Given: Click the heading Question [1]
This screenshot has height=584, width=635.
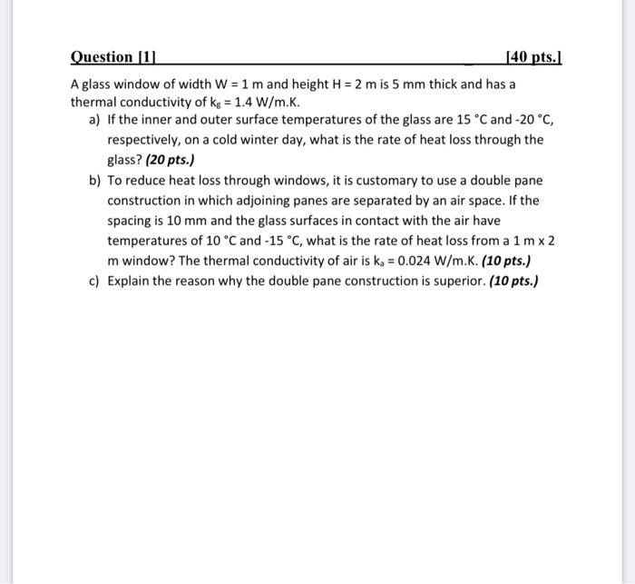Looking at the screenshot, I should click(x=116, y=58).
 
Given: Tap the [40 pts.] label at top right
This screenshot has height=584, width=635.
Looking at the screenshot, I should click(x=537, y=58).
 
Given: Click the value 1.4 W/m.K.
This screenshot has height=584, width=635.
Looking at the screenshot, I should click(x=238, y=102).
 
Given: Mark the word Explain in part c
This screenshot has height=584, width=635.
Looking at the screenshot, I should click(x=130, y=282).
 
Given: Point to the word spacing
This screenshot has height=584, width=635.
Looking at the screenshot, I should click(x=132, y=221).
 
